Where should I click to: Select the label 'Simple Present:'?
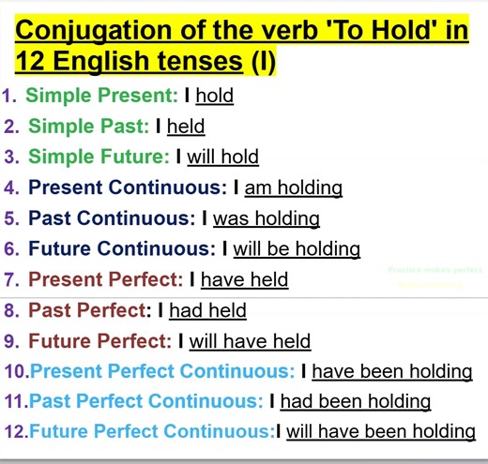point(101,96)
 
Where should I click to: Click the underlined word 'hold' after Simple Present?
point(214,96)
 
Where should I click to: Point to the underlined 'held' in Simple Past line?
point(186,127)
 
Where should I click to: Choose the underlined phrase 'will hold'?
point(222,157)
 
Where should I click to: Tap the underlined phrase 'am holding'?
point(293,187)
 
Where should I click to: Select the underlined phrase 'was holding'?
point(266,218)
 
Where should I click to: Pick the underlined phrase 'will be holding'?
point(297,249)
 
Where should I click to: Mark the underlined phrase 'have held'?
point(244,279)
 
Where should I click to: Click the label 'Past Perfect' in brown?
point(87,310)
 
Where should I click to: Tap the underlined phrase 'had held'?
point(207,310)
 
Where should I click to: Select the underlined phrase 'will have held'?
point(250,341)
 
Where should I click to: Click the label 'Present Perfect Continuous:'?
point(162,371)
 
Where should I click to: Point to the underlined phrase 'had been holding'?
point(355,401)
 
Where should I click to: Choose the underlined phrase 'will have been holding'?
point(380,431)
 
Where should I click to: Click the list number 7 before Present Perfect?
point(11,279)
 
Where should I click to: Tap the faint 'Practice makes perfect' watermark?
point(435,270)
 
